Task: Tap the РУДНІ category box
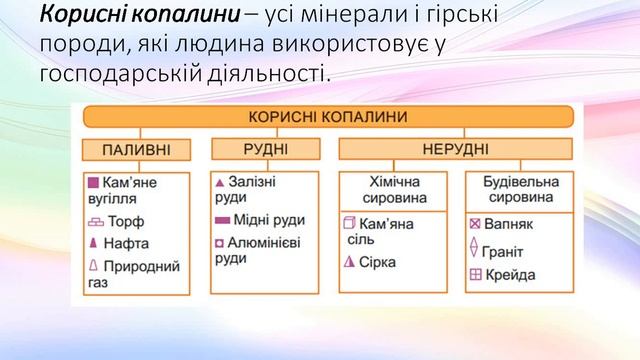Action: pos(265,150)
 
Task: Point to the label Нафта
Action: pos(133,243)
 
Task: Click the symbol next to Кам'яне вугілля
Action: pos(92,184)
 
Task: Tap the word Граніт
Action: pos(511,251)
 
